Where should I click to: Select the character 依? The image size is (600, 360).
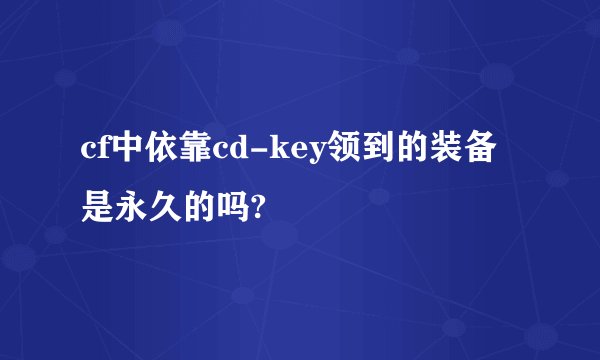tap(157, 151)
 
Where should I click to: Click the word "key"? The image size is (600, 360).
tap(288, 153)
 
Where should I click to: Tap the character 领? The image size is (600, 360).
tap(333, 151)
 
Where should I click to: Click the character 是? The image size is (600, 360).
tap(98, 206)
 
